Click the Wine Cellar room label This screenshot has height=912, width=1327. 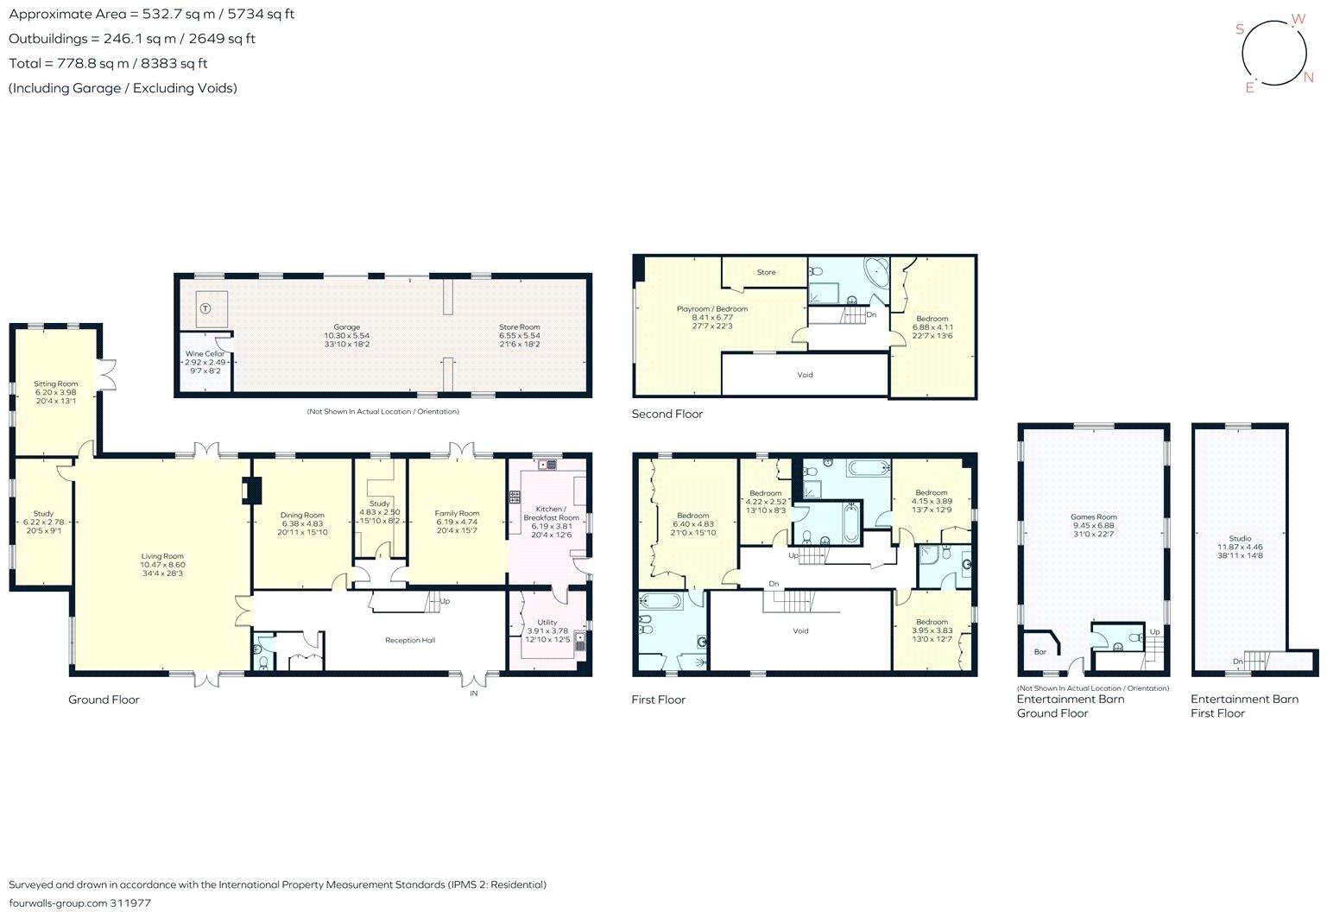pyautogui.click(x=205, y=354)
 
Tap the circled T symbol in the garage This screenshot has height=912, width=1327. pyautogui.click(x=205, y=307)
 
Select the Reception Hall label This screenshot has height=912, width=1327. pyautogui.click(x=410, y=641)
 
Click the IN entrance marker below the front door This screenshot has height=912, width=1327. pyautogui.click(x=473, y=693)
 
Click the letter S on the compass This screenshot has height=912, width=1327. pyautogui.click(x=1240, y=29)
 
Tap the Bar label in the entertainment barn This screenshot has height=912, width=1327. pyautogui.click(x=1040, y=652)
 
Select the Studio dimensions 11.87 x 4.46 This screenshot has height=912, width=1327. pyautogui.click(x=1240, y=547)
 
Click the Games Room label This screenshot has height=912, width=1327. pyautogui.click(x=1094, y=517)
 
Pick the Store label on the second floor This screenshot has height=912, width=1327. pyautogui.click(x=766, y=272)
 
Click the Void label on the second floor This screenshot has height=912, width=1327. pyautogui.click(x=805, y=375)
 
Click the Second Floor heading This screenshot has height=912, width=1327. pyautogui.click(x=667, y=415)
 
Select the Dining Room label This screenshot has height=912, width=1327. pyautogui.click(x=302, y=516)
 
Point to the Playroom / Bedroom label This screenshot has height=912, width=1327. pyautogui.click(x=711, y=308)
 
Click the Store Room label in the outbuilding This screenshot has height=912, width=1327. pyautogui.click(x=519, y=327)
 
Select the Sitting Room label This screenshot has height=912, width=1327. pyautogui.click(x=56, y=383)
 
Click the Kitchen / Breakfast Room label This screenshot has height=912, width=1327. pyautogui.click(x=550, y=513)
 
